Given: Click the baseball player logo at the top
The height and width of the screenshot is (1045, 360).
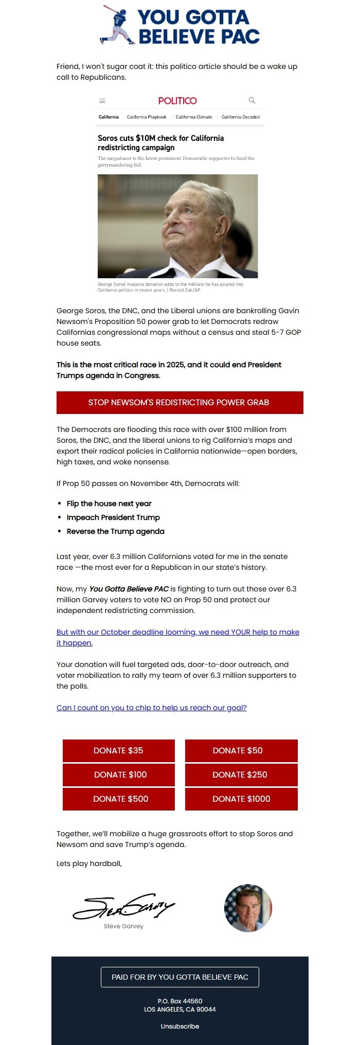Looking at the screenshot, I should tap(118, 25).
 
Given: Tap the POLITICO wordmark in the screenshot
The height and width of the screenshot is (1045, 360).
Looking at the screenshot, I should tap(177, 101).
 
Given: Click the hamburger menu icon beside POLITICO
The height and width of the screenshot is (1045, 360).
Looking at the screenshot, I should tap(102, 101).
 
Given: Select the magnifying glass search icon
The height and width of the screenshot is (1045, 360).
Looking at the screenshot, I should tap(252, 100).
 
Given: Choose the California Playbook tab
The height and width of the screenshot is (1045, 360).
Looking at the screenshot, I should tap(147, 117).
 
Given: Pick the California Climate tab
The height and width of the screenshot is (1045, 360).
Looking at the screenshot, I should tap(194, 117).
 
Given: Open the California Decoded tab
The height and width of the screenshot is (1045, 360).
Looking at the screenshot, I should tap(240, 117).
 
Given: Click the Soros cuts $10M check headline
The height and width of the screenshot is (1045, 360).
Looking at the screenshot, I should tap(160, 143).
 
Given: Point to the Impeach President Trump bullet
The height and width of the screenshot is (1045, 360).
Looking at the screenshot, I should tap(113, 517).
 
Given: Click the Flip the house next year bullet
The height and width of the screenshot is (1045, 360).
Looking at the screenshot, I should tap(109, 503).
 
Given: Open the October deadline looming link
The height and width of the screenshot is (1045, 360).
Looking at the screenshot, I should tap(177, 637).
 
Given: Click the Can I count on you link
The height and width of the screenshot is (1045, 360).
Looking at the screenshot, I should tap(152, 708).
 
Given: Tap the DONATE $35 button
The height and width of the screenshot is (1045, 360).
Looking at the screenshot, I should tap(119, 750).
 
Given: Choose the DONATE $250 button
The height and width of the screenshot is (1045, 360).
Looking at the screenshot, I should tap(241, 774).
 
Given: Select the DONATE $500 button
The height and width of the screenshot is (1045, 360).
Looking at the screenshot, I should tap(119, 799).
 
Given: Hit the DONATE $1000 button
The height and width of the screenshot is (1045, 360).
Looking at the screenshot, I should tap(241, 799).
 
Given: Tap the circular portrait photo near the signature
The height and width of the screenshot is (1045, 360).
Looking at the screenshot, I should tap(248, 908).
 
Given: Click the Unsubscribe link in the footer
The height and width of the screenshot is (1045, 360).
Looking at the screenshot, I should tap(180, 1026).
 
